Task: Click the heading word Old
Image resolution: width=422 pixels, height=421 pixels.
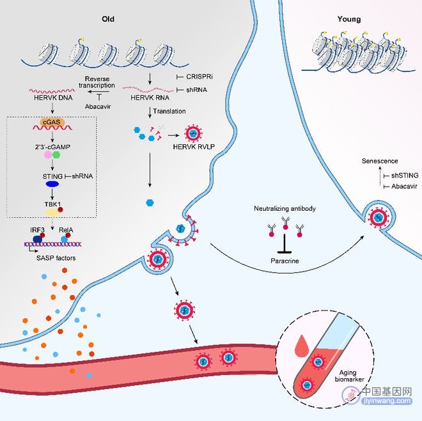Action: pyautogui.click(x=108, y=19)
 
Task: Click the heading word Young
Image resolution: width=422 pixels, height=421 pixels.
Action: pyautogui.click(x=349, y=19)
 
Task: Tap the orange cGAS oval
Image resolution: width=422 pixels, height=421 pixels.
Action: pyautogui.click(x=52, y=122)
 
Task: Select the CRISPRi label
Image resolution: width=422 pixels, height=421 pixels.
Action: pyautogui.click(x=199, y=77)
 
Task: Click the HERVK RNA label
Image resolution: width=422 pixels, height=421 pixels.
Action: pyautogui.click(x=150, y=98)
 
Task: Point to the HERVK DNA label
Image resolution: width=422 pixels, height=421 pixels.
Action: pyautogui.click(x=53, y=98)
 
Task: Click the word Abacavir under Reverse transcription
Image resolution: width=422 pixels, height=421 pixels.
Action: pyautogui.click(x=98, y=107)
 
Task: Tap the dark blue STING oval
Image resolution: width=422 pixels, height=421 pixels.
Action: pyautogui.click(x=52, y=184)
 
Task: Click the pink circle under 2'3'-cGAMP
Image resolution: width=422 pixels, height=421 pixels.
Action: pyautogui.click(x=48, y=155)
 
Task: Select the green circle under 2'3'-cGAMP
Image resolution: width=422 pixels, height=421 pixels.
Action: pyautogui.click(x=56, y=155)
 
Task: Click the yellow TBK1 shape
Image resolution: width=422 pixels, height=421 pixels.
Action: pyautogui.click(x=52, y=212)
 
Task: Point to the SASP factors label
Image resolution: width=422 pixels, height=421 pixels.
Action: pyautogui.click(x=56, y=258)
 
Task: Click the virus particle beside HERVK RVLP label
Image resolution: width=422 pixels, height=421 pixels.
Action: pyautogui.click(x=193, y=134)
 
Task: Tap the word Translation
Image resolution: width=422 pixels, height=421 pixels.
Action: pyautogui.click(x=169, y=111)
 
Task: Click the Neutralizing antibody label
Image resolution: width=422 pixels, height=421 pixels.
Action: pyautogui.click(x=285, y=209)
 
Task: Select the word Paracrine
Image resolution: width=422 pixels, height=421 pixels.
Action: pyautogui.click(x=285, y=261)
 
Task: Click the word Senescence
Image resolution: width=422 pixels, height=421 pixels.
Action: pyautogui.click(x=380, y=161)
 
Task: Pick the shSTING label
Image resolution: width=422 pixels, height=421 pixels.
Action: pyautogui.click(x=405, y=176)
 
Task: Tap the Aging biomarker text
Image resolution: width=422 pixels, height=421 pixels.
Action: pyautogui.click(x=349, y=376)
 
